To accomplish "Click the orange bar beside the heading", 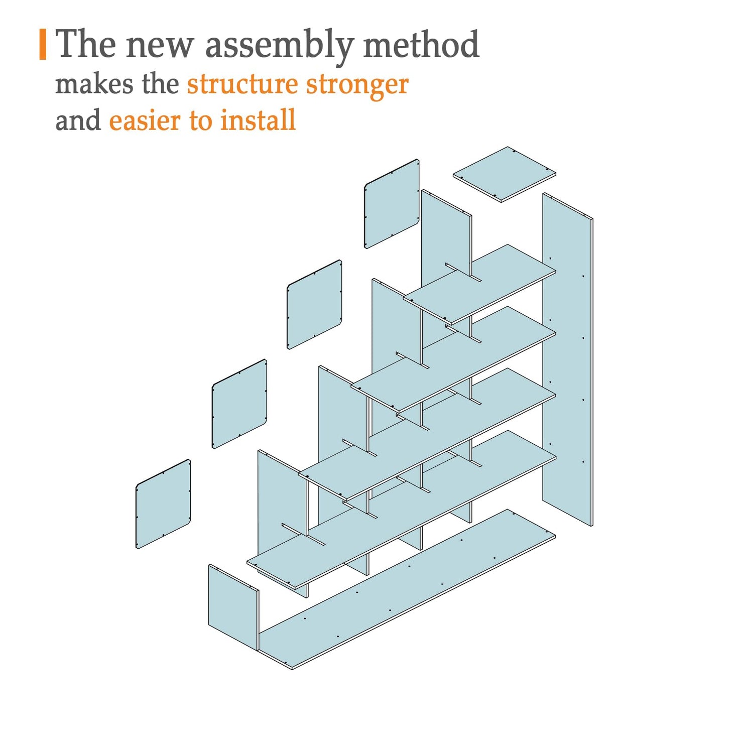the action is coord(43,45).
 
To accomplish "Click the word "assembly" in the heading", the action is coord(279,45).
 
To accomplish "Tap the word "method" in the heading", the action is coord(421,44).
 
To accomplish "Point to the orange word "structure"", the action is coord(242,85).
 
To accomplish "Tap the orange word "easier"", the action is coord(145,121).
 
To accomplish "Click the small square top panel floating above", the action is coord(505,174).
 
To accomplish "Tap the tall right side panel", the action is coord(568,359).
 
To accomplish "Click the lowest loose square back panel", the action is coord(163,504).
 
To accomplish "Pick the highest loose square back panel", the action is coord(392,204).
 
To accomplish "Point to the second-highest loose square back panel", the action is coord(314,304).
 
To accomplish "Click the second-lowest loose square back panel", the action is coord(239,404).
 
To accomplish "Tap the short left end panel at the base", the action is coord(233,608).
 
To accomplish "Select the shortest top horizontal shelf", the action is coord(479,285).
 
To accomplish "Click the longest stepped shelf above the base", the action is coord(402,510).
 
